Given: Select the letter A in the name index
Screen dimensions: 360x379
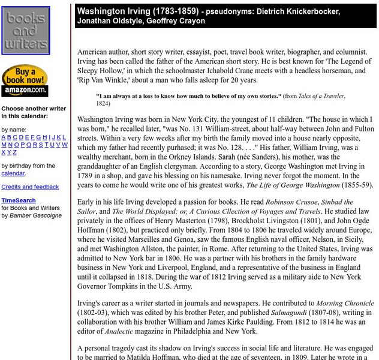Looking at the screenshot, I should (4, 137).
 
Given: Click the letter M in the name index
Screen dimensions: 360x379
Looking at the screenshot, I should (4, 145).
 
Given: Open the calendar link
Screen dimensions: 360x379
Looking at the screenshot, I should (13, 173).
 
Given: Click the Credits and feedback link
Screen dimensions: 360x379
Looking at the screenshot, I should (30, 187).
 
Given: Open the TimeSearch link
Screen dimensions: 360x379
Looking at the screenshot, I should (19, 200).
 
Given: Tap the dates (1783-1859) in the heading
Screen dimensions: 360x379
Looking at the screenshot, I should (178, 11).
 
